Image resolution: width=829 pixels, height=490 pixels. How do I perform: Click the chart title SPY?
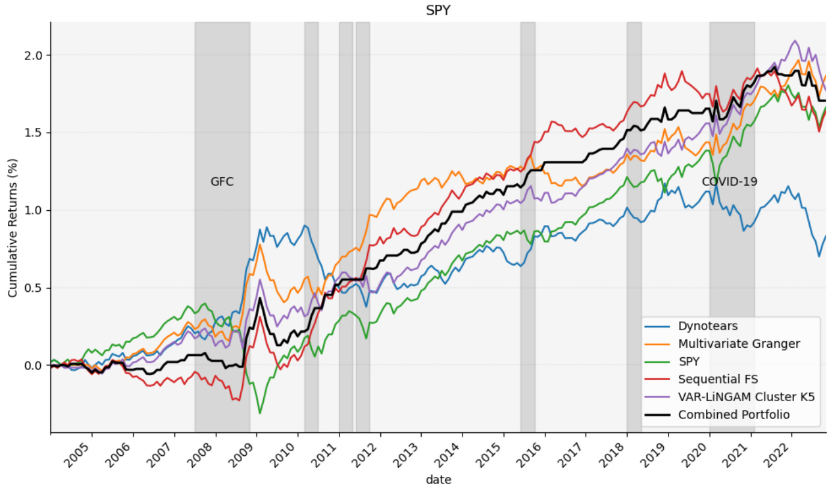click(437, 10)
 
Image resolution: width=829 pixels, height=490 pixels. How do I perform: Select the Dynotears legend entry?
click(708, 327)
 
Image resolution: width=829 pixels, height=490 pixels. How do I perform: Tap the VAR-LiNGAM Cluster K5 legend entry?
click(745, 397)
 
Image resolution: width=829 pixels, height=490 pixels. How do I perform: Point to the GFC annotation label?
click(222, 181)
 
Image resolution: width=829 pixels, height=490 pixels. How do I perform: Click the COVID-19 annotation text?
click(729, 181)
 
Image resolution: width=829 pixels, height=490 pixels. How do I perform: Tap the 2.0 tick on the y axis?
click(35, 55)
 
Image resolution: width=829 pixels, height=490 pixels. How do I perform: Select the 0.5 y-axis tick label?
click(35, 288)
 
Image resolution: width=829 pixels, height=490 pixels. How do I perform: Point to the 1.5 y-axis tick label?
click(35, 133)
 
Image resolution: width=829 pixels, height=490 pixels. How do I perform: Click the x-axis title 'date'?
click(439, 480)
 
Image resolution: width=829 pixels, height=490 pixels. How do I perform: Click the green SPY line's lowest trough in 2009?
click(260, 413)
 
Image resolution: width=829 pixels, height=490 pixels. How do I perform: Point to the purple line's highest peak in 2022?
click(795, 41)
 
